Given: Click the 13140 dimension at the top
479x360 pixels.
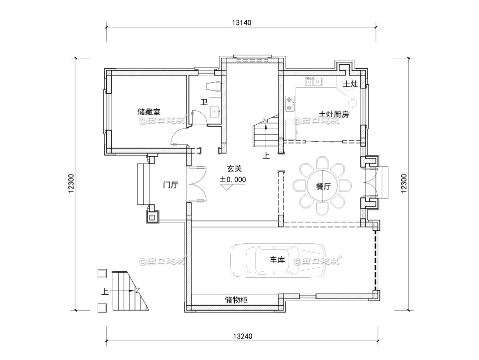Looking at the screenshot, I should tap(242, 22).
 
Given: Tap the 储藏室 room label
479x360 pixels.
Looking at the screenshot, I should tap(149, 112).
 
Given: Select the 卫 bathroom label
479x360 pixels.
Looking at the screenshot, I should tap(203, 102).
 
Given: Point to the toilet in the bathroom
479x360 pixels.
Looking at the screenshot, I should tap(213, 85).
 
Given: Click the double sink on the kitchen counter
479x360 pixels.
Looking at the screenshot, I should tap(315, 81).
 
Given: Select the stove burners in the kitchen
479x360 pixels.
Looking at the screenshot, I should tap(289, 104).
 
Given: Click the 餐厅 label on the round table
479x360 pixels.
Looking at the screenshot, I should tap(324, 187).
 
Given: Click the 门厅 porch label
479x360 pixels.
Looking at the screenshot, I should tap(171, 185).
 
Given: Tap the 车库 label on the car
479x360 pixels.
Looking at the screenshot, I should tap(277, 260).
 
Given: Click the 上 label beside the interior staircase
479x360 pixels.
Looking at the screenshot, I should tap(266, 156).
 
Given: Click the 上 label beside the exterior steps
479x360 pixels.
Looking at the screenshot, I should tap(104, 293).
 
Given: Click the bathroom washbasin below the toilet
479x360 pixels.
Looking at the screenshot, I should tap(215, 111).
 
